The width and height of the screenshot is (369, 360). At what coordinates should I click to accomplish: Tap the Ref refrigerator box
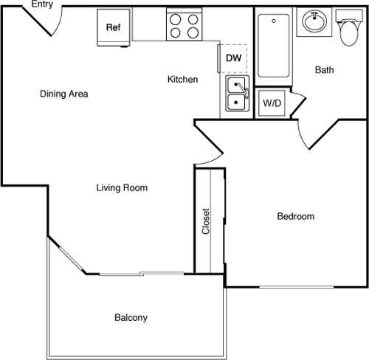pos(114,27)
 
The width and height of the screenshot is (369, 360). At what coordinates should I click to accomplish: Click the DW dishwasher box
pos(232,58)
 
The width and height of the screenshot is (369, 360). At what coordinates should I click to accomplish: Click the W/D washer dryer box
pos(272,103)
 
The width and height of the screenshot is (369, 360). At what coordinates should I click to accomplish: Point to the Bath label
pos(325,71)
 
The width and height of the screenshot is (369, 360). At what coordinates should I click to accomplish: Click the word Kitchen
pos(182,79)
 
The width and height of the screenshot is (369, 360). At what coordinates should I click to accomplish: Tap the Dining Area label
pos(64,94)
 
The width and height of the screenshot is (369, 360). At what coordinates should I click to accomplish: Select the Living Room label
pos(122,188)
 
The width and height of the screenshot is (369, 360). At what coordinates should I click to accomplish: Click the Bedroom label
pos(295,216)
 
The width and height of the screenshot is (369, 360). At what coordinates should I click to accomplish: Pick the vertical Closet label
pos(206,221)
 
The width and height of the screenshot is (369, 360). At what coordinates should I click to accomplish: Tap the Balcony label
pos(131,318)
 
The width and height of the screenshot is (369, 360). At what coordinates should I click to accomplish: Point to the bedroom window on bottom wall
pos(295,286)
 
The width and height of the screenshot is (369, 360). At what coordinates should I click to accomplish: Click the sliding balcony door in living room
pos(140,274)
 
